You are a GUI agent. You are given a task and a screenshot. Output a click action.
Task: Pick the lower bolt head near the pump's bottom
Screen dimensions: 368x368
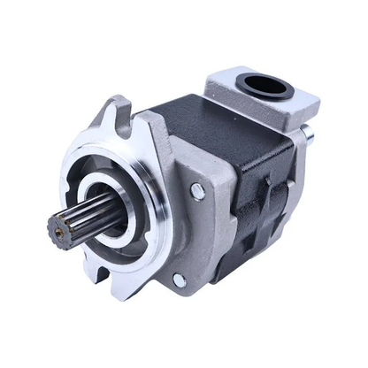pyautogui.click(x=179, y=280)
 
